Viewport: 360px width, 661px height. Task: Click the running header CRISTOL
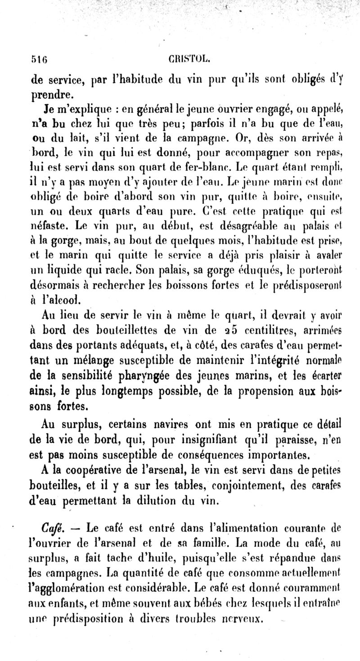183,59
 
